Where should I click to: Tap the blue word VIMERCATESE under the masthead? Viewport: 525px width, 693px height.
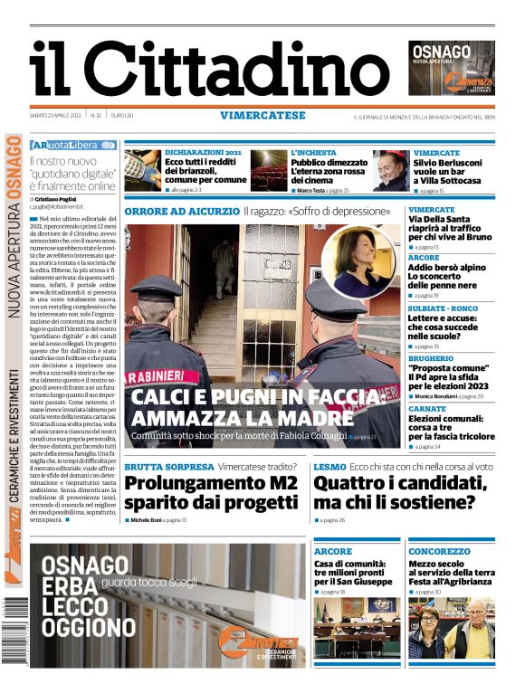pyautogui.click(x=262, y=115)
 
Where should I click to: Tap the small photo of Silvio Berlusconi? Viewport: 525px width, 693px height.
pyautogui.click(x=391, y=170)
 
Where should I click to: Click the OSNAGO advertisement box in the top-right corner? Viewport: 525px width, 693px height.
pyautogui.click(x=452, y=68)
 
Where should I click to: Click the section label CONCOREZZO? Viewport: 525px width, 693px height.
pyautogui.click(x=439, y=551)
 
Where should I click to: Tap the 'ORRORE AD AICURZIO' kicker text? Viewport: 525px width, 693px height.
pyautogui.click(x=180, y=211)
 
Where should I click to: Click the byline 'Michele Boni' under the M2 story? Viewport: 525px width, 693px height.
pyautogui.click(x=145, y=521)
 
